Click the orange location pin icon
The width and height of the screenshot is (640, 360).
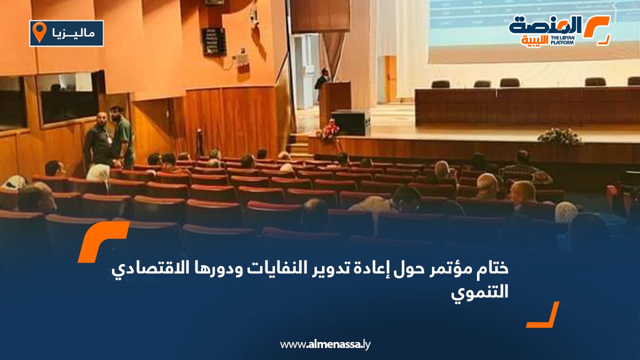point(39,31)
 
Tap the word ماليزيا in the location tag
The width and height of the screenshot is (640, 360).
point(73,33)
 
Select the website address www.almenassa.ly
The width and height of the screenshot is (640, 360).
point(325,344)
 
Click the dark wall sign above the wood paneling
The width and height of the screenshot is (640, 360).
point(214,41)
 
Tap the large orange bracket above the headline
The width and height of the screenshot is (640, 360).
point(103,241)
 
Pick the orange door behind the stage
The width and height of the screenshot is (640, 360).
point(389,79)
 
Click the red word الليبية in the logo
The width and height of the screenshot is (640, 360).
point(534,40)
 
